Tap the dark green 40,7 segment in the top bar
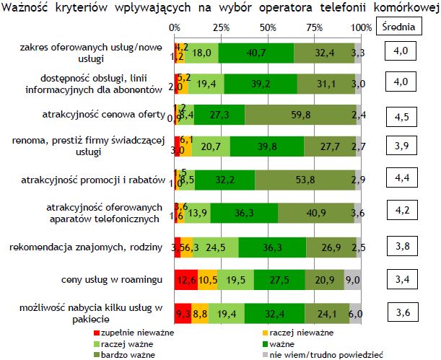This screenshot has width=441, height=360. pos(256,53)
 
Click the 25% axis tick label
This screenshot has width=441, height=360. pos(221,27)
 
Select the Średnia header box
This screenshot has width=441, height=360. pos(401,27)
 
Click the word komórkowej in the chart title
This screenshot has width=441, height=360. pos(406,8)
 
